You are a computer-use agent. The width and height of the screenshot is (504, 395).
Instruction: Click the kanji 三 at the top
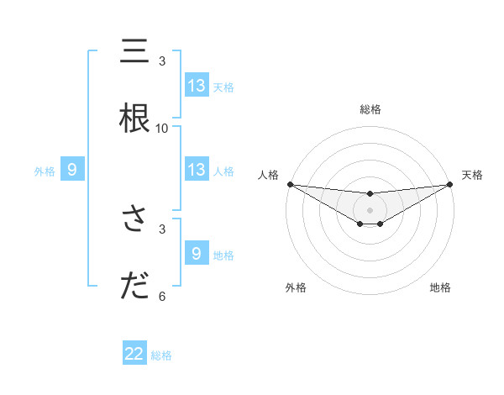click(134, 52)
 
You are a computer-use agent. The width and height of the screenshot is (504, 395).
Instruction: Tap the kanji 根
click(134, 118)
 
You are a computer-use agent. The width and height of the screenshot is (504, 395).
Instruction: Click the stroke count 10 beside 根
click(162, 128)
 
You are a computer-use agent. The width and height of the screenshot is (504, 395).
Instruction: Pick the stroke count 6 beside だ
click(162, 296)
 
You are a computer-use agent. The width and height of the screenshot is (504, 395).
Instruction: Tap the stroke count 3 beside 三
click(162, 61)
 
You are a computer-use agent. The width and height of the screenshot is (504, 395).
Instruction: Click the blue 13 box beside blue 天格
click(197, 86)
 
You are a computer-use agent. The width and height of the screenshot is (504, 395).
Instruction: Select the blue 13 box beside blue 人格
click(197, 170)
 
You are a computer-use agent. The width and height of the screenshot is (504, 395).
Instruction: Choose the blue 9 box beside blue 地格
click(197, 254)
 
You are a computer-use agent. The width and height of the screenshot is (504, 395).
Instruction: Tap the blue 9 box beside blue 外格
click(72, 170)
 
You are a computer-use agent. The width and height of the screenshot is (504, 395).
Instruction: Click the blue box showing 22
click(134, 354)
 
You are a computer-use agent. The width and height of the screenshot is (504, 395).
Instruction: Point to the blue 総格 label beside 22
click(161, 355)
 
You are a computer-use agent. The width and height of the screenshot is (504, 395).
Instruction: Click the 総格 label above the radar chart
click(370, 109)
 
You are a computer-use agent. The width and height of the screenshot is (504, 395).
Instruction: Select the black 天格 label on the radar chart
click(473, 175)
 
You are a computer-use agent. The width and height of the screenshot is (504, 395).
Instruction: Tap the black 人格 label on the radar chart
click(269, 175)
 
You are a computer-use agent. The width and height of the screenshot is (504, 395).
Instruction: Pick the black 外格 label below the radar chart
click(296, 287)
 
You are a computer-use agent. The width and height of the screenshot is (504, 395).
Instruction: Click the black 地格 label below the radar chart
click(440, 287)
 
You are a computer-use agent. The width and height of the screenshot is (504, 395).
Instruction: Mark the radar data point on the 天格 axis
click(450, 184)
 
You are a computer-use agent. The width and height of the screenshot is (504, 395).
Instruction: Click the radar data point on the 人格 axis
click(290, 184)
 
